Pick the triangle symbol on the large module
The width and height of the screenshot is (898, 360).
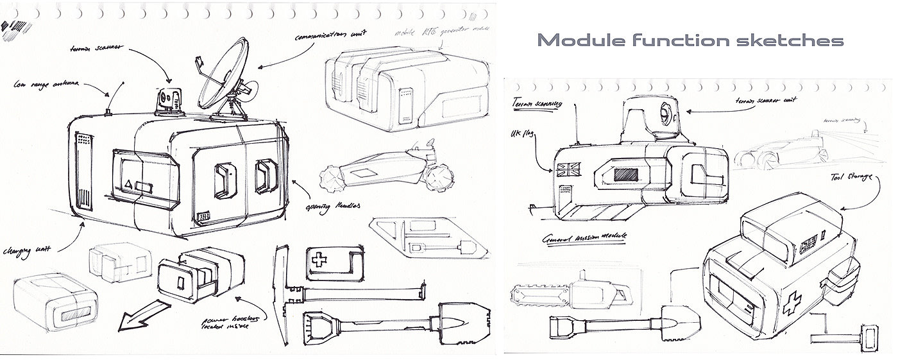click(128, 185)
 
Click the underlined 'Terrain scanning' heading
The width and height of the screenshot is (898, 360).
click(538, 103)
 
